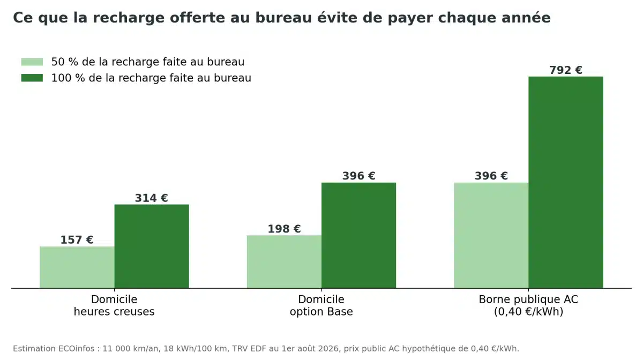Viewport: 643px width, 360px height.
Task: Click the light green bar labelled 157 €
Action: click(77, 267)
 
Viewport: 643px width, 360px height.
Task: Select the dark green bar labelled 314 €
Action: click(152, 246)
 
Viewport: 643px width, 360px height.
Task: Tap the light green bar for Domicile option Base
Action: click(284, 261)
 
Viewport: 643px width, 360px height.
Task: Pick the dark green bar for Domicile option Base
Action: click(358, 235)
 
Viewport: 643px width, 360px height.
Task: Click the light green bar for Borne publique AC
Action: click(491, 235)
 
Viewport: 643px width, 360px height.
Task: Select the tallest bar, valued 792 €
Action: click(566, 182)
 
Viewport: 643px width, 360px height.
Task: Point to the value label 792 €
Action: click(566, 70)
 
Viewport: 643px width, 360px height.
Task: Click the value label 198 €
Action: click(284, 229)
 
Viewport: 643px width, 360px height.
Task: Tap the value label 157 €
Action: click(77, 240)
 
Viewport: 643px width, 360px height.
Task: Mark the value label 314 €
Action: click(152, 198)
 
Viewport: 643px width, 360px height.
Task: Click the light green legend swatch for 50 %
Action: click(32, 62)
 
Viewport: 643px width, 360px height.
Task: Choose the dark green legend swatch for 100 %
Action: click(32, 78)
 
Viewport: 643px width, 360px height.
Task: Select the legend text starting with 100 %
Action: click(151, 78)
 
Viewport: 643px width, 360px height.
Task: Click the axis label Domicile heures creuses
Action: click(114, 305)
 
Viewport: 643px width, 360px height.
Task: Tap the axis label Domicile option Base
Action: click(321, 305)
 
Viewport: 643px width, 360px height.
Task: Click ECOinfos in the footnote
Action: click(76, 349)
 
